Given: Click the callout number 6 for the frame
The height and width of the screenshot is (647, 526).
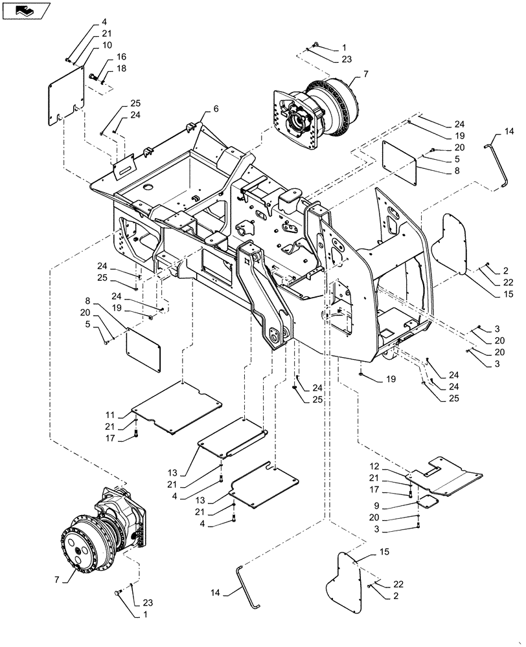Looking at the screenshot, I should point(216,108).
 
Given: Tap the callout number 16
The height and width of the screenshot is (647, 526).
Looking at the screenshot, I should point(122,58).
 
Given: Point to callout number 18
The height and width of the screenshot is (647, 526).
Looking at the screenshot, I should point(122,69).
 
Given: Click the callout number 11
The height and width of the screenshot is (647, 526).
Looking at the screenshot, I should point(110,414).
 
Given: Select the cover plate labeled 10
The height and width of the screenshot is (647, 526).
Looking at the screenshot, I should point(66,94).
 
